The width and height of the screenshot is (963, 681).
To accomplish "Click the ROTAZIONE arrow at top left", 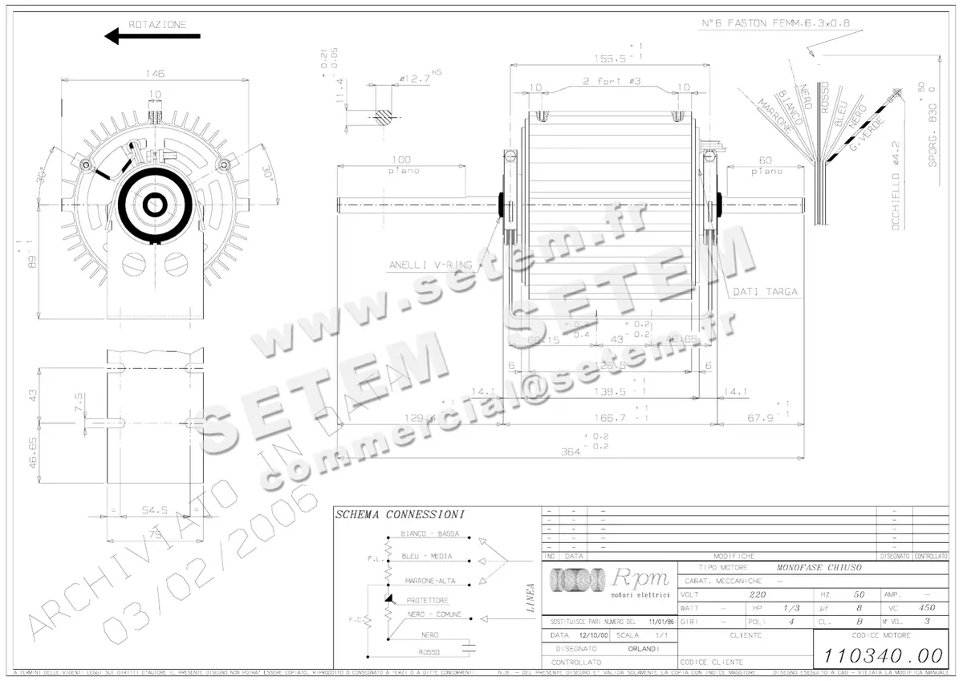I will (152, 36).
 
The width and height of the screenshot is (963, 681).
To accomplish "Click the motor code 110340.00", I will (881, 655).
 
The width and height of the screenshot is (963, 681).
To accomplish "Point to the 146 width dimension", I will (155, 74).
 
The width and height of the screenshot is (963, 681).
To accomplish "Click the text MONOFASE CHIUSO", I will (819, 567).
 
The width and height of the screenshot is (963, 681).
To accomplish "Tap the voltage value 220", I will (757, 595).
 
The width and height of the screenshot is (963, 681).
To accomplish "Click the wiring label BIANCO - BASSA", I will (430, 533).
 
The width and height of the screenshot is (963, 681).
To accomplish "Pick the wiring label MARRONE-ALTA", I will (430, 580).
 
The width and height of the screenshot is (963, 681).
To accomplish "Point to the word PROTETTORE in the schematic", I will (427, 600).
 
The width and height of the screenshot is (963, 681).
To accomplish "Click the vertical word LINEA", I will (530, 598).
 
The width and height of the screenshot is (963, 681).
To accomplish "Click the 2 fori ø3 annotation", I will (610, 82).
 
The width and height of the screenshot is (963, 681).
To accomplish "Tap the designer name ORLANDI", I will (638, 648).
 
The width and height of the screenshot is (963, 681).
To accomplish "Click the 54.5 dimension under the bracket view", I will (154, 509).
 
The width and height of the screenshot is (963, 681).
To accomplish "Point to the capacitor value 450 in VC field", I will (927, 608).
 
